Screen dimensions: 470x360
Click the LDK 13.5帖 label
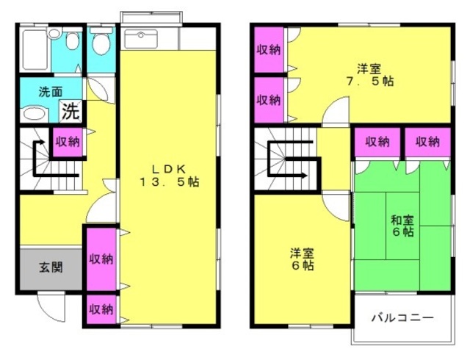point(170,176)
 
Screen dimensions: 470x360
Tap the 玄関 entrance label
point(51,267)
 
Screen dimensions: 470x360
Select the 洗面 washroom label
point(51,92)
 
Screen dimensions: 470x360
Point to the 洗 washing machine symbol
point(71,112)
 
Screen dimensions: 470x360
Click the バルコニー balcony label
point(402,317)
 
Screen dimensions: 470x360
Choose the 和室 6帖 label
point(402,226)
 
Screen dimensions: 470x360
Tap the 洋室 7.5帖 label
point(369,75)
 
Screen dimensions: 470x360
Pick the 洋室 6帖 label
point(302,259)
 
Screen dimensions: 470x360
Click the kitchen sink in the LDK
point(140,39)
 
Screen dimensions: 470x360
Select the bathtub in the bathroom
point(35,49)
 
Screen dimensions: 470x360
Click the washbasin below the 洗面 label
point(35,114)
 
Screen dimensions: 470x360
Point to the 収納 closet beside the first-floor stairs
point(68,142)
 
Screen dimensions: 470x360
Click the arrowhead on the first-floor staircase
point(43,143)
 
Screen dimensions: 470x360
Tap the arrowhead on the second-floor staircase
point(305,176)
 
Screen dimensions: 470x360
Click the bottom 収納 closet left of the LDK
point(101,309)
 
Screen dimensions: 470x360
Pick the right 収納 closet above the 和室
point(427,142)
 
